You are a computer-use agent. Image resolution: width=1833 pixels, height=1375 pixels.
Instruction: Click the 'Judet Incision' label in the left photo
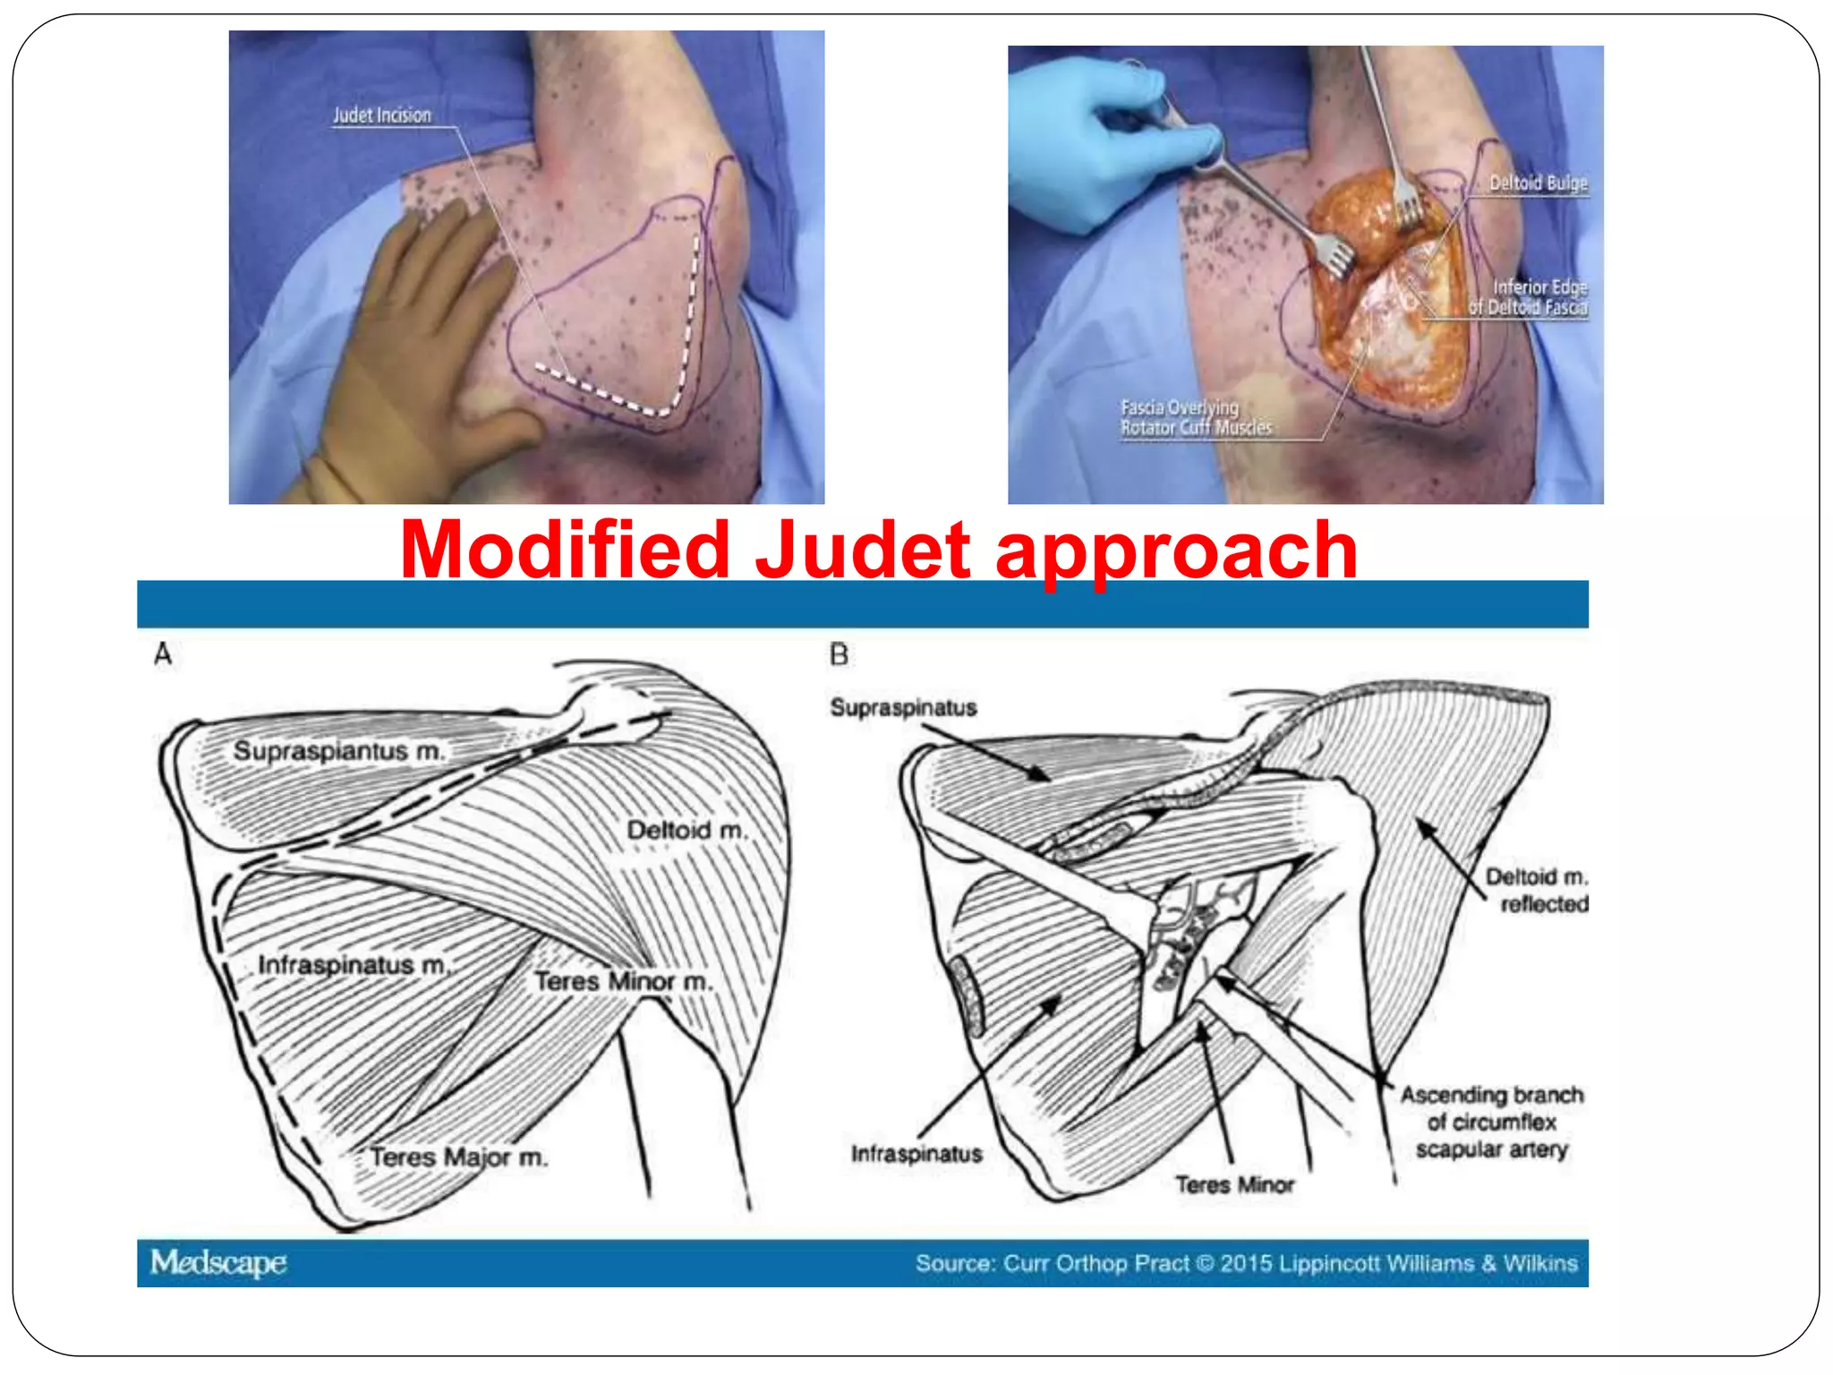coord(381,115)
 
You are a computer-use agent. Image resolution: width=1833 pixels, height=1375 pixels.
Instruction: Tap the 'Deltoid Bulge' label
coord(1538,184)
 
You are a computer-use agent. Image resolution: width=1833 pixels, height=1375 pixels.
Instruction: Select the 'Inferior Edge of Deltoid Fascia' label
coord(1530,297)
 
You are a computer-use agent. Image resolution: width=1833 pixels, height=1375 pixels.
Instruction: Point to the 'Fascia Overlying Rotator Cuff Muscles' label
coord(1195,417)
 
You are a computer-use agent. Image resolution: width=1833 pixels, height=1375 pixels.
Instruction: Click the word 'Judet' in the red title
coord(863,550)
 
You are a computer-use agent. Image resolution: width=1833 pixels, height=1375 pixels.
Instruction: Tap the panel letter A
coord(163,654)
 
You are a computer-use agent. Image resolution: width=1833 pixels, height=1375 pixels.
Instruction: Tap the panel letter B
coord(839,655)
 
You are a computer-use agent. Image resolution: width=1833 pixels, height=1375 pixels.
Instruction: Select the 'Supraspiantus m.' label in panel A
coord(338,751)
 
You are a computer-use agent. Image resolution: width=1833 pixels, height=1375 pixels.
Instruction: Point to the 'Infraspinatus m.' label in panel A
coord(354,965)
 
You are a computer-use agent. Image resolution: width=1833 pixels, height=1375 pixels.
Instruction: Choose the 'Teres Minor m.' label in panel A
coord(623,981)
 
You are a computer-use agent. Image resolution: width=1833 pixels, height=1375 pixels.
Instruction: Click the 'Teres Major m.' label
coord(459,1157)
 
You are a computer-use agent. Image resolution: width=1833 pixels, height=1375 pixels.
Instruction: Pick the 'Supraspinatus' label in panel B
coord(903,708)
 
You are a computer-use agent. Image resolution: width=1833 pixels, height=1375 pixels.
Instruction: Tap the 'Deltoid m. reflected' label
coord(1536,890)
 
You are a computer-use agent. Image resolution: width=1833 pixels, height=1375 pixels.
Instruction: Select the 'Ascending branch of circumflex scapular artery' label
coord(1491,1122)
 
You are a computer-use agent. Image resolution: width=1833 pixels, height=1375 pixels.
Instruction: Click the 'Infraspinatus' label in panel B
coord(916,1154)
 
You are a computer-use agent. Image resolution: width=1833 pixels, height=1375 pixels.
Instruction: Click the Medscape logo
coord(218,1262)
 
